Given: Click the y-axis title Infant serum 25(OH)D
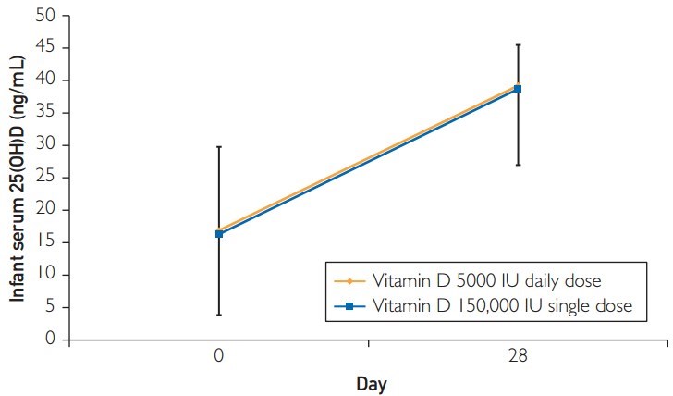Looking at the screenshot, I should [x=17, y=176].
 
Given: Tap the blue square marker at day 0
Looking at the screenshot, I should [x=219, y=234].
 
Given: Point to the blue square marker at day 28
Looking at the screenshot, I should [x=518, y=89].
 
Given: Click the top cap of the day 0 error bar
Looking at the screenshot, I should [x=219, y=146].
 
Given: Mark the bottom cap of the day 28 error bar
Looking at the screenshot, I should [x=518, y=165].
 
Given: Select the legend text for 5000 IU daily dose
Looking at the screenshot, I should [x=488, y=280].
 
